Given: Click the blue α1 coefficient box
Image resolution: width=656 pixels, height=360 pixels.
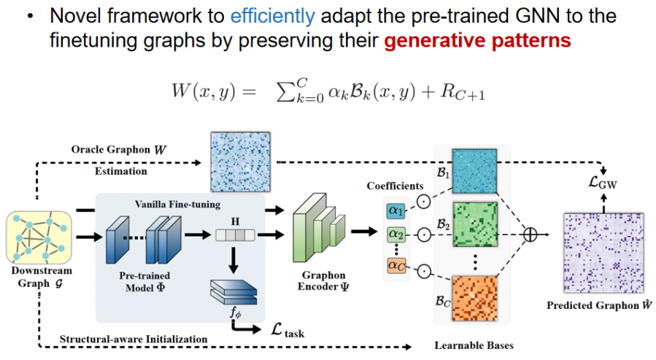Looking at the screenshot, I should (396, 211).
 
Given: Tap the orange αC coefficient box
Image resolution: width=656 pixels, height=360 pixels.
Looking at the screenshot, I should (396, 265).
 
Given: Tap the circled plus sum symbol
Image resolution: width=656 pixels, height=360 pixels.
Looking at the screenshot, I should (531, 234).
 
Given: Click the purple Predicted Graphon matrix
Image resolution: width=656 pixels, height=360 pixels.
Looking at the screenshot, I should (598, 252).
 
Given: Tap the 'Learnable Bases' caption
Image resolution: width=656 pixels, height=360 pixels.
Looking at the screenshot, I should (471, 345).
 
